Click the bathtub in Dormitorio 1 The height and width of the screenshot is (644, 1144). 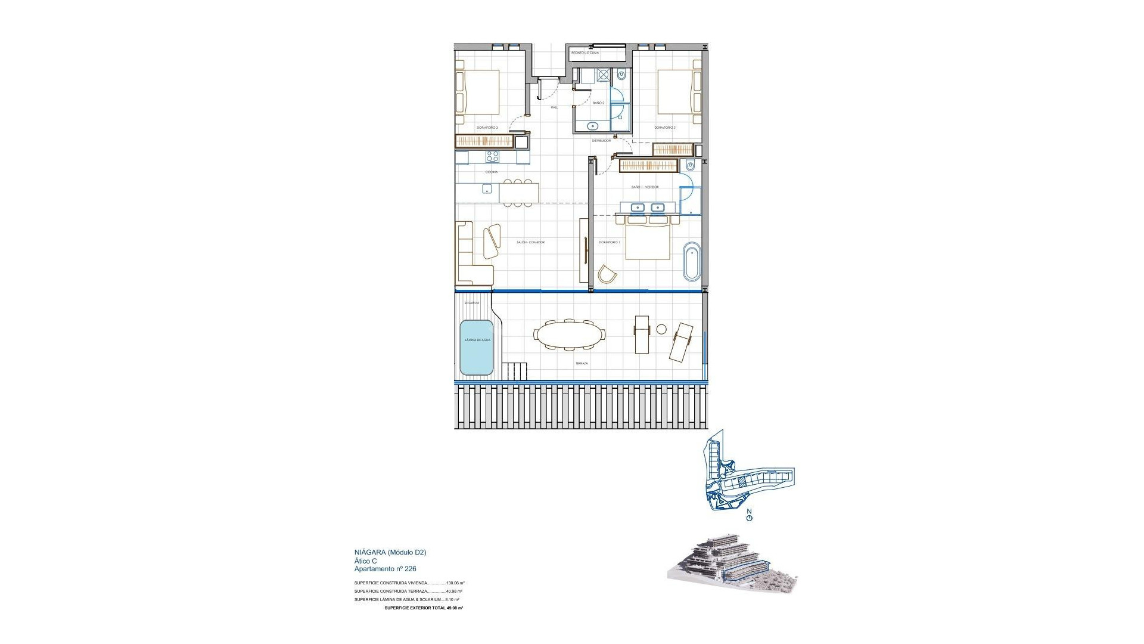click(x=692, y=261)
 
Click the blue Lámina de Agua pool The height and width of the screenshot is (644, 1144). click(x=477, y=348)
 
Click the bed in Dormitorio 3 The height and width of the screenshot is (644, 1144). click(x=477, y=92)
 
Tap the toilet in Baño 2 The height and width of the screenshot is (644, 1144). click(x=621, y=76)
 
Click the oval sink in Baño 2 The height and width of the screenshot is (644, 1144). click(x=593, y=142)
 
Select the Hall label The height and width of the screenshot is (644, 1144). click(x=554, y=107)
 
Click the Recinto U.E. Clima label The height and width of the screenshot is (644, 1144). click(x=585, y=53)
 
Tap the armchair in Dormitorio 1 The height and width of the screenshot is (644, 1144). click(x=607, y=274)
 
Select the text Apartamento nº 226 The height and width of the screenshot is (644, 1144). click(x=385, y=569)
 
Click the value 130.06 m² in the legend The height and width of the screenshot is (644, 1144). click(x=455, y=583)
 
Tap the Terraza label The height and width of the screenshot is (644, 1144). click(x=582, y=363)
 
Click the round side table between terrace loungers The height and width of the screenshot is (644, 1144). click(x=661, y=329)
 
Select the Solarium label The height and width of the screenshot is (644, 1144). click(x=472, y=303)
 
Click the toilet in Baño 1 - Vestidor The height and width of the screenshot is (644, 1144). click(x=690, y=165)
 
